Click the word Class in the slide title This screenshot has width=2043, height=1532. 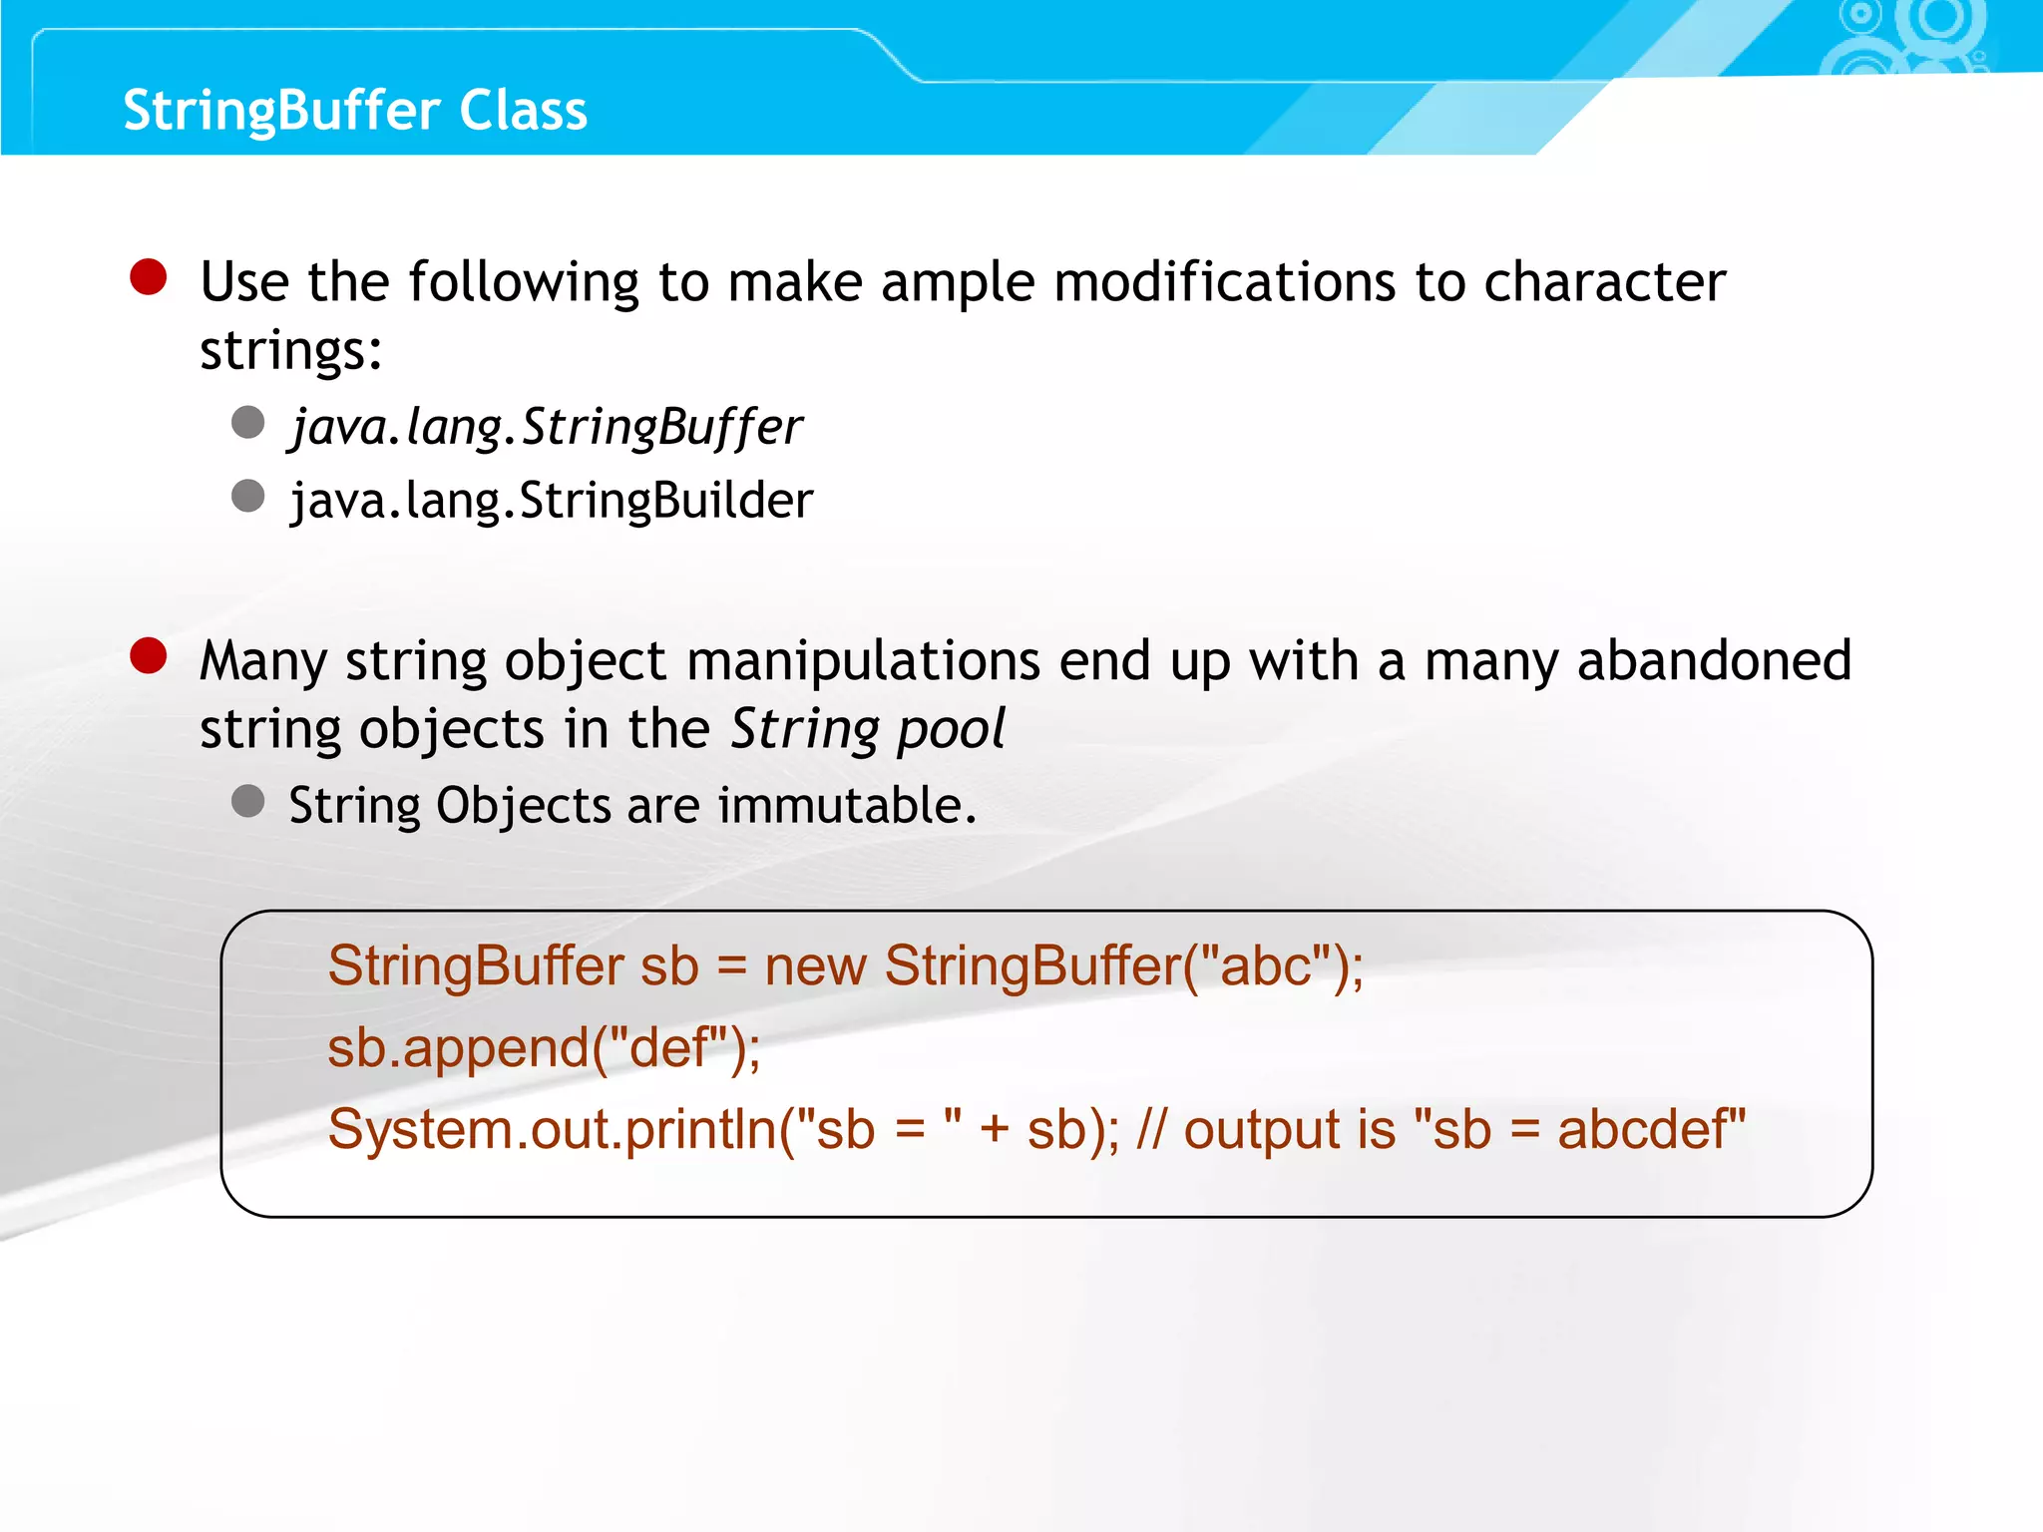point(523,110)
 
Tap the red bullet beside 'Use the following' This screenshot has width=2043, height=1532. point(149,277)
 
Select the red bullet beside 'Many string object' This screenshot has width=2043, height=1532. point(149,656)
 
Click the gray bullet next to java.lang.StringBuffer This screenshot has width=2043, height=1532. point(247,422)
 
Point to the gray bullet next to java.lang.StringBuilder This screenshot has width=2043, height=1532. point(247,496)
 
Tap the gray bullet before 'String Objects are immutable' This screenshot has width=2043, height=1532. point(247,801)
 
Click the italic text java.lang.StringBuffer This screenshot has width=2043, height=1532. point(547,427)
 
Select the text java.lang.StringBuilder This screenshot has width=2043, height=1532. point(552,500)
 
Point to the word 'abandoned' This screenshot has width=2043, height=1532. point(1714,660)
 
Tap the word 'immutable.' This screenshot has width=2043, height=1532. point(847,805)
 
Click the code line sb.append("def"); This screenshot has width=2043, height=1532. point(544,1048)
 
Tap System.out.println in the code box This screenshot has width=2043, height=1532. point(552,1129)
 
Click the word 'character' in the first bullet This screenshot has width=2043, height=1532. point(1604,282)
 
